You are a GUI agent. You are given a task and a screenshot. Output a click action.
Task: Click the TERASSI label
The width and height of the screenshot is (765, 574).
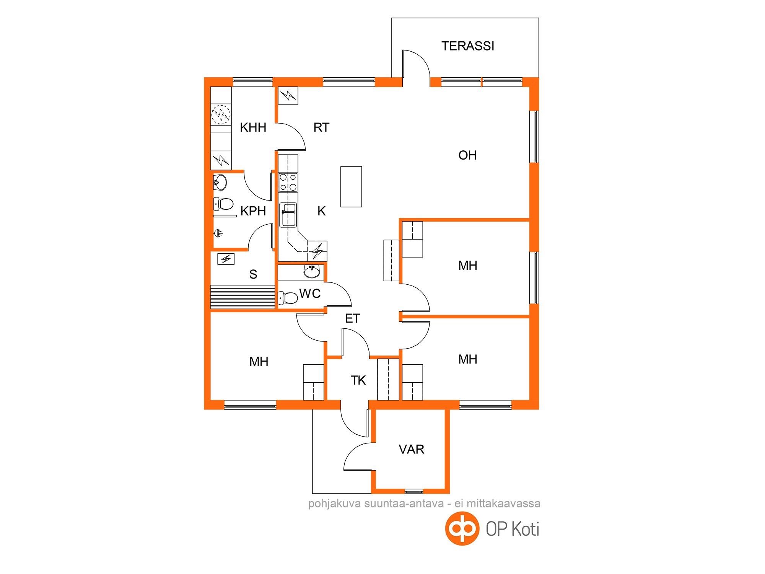point(468,46)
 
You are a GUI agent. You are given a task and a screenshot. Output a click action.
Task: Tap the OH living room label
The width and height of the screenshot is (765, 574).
point(467,155)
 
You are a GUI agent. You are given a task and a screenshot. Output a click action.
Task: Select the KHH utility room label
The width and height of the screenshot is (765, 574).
point(253,127)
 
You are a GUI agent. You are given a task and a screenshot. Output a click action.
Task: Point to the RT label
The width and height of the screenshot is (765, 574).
point(321,127)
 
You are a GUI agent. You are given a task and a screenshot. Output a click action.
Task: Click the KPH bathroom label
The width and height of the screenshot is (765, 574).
point(253,211)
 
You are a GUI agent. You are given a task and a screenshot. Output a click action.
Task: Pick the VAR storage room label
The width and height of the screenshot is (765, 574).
point(412,449)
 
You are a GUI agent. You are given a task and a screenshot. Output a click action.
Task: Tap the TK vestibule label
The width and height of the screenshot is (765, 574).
point(358,380)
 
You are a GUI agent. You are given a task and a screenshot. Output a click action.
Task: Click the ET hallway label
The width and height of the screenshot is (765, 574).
point(352,318)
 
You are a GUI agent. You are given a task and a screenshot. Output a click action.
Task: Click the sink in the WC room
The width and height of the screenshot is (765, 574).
point(312,272)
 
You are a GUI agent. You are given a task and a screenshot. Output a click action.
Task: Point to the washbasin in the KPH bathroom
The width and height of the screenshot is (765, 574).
point(220,182)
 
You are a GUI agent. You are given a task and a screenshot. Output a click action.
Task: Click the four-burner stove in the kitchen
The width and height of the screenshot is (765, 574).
point(288,182)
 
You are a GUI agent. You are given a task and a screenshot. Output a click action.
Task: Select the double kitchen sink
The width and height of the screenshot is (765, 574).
point(288,215)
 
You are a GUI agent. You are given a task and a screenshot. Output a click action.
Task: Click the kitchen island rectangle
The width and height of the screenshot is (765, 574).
point(351,187)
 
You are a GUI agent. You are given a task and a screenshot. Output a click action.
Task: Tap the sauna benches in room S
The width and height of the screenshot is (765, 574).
point(243,297)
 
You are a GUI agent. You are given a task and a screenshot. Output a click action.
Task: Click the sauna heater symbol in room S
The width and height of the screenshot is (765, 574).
point(226,259)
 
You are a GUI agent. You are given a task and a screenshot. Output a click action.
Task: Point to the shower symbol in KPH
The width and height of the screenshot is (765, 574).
point(218,233)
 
